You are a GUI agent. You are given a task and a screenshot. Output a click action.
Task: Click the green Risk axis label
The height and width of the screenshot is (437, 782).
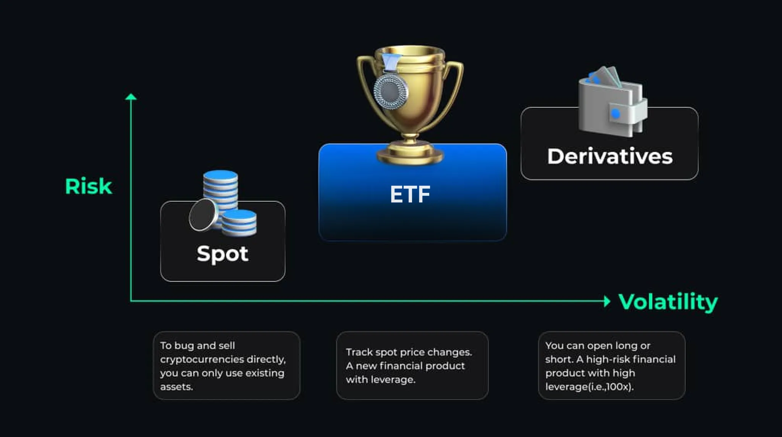point(89,186)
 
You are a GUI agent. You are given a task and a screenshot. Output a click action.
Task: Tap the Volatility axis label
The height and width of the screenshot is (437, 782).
point(668,302)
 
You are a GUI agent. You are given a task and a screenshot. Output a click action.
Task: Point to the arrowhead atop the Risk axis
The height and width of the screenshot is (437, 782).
point(131,96)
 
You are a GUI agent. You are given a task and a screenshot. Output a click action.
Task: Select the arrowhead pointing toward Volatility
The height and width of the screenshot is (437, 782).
point(607,301)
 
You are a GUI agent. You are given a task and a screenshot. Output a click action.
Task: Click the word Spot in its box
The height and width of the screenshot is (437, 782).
point(223,254)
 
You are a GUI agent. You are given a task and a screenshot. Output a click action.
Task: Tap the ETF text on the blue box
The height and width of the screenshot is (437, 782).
point(410,194)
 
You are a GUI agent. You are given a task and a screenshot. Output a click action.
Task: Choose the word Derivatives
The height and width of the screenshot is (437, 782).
point(610,156)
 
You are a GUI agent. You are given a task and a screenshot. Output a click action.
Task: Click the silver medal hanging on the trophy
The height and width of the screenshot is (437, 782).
point(391,91)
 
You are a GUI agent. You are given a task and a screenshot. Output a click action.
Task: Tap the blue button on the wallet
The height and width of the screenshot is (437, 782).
point(616,113)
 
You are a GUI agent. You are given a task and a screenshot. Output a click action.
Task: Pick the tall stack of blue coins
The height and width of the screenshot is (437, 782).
point(220,191)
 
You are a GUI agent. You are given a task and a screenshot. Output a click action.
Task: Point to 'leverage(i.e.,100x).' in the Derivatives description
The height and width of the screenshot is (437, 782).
point(589,387)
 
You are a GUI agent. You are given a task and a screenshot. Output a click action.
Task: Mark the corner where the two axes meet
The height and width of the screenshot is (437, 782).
point(131,301)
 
